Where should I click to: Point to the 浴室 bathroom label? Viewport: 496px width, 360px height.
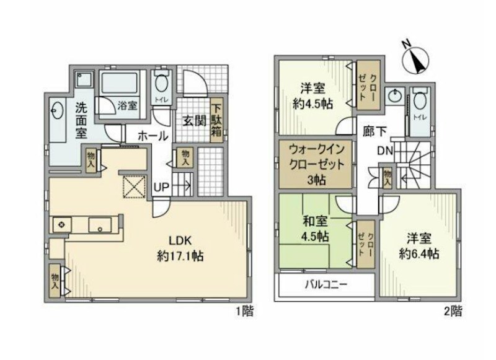(128, 105)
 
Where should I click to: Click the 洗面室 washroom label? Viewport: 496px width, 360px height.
(81, 119)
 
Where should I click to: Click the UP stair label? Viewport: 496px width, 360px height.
(161, 187)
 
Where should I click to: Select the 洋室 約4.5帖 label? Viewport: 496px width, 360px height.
(312, 96)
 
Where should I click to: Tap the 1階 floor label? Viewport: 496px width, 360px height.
(244, 312)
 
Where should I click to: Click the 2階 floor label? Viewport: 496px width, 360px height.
(453, 312)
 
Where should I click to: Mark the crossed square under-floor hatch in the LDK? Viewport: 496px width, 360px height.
(134, 187)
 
